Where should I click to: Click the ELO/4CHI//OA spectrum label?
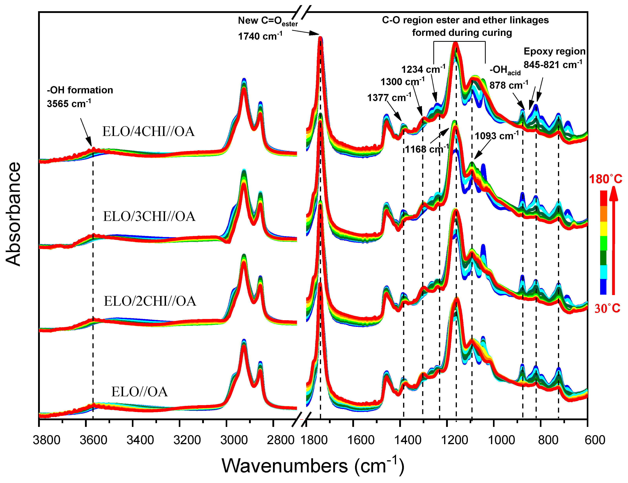(x=148, y=132)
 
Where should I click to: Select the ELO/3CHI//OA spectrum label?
(x=149, y=217)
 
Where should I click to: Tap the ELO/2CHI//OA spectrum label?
(x=150, y=301)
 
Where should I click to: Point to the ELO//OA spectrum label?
(x=140, y=392)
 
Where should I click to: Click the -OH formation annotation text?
(x=80, y=90)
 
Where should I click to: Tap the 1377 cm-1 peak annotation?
(x=389, y=98)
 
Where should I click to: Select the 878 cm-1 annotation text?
(x=509, y=85)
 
